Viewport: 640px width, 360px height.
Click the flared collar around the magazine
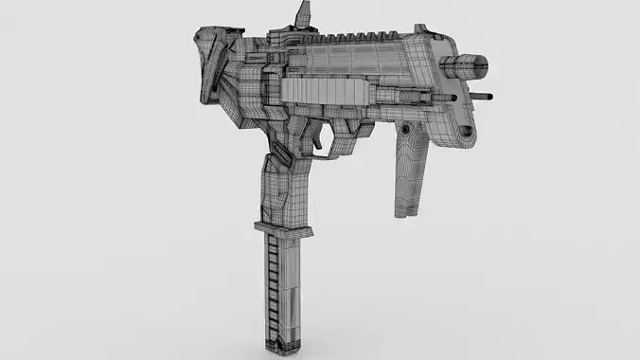pos(281,227)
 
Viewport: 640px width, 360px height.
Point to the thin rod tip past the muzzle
pos(490,95)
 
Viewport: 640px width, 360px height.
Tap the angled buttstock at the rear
pos(214,66)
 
